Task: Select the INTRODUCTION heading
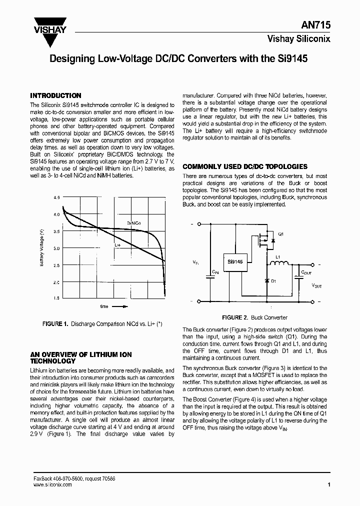click(55, 95)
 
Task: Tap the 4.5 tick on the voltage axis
click(56, 198)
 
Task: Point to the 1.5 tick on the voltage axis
click(56, 298)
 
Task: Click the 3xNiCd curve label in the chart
click(133, 222)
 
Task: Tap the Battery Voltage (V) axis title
click(42, 248)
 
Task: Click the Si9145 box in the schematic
click(234, 261)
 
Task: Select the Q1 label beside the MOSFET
click(280, 234)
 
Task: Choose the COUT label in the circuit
click(306, 273)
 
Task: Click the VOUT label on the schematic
click(316, 285)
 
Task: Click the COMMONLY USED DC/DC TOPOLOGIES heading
click(245, 166)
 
